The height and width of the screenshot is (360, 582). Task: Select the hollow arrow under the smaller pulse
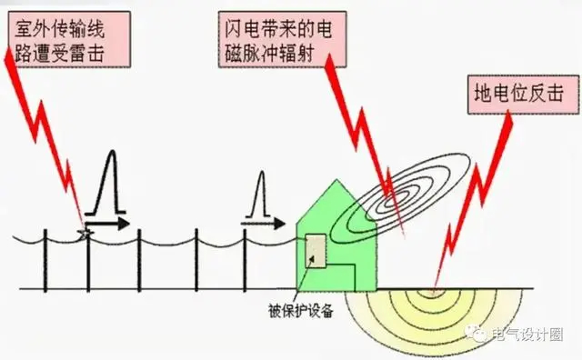(264, 220)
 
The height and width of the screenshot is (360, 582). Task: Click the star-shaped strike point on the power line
(85, 233)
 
